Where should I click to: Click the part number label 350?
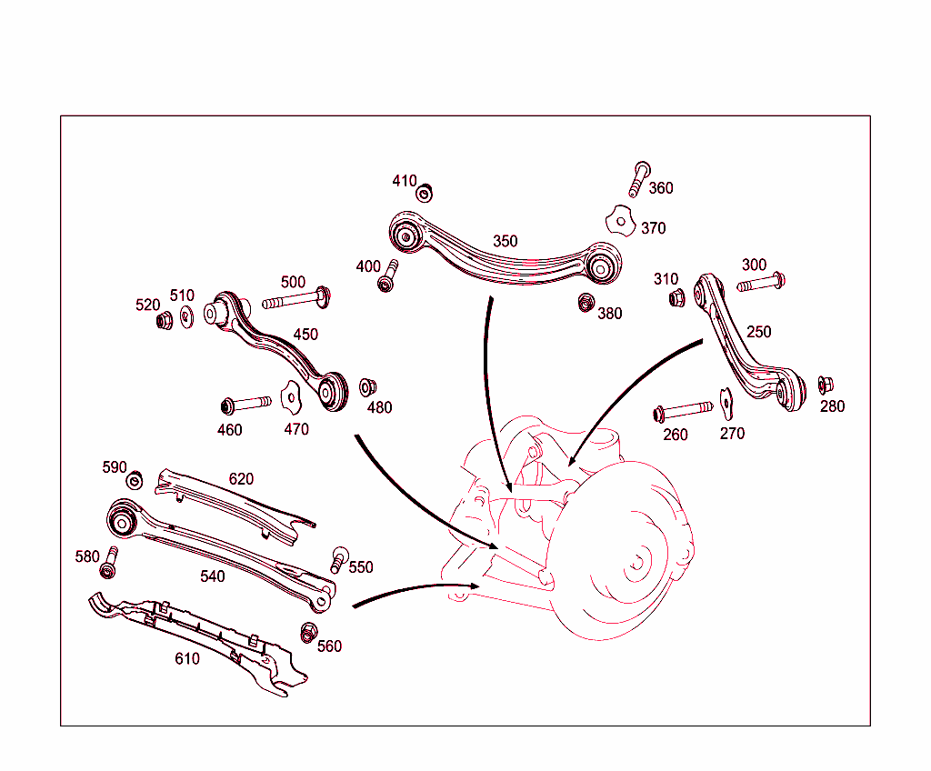(x=505, y=241)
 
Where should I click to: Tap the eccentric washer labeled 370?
(x=620, y=221)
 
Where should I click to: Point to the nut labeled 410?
(x=424, y=193)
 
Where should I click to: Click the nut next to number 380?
(x=586, y=302)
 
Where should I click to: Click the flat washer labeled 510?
(x=186, y=316)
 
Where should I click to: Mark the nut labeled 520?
(x=165, y=320)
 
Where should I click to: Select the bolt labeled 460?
(x=245, y=403)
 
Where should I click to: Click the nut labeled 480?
(x=368, y=387)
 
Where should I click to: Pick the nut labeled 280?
(x=826, y=385)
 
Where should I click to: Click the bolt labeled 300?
(x=761, y=283)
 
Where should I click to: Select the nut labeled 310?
(x=676, y=297)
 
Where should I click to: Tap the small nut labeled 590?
(x=135, y=480)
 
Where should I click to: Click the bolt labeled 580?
(x=109, y=563)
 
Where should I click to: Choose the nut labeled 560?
(x=308, y=631)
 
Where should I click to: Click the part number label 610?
(x=187, y=658)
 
